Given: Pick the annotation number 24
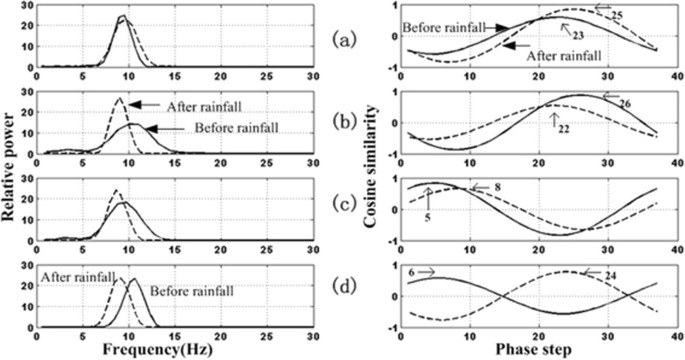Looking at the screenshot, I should pos(595,272).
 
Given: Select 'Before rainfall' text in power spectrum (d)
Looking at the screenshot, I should pos(184,289).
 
